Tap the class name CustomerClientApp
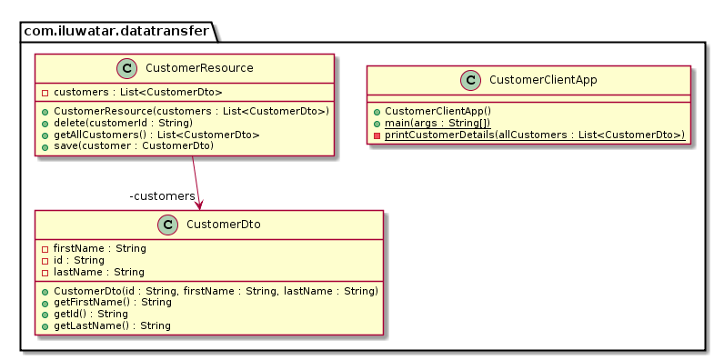pyautogui.click(x=542, y=80)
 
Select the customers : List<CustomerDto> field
pyautogui.click(x=131, y=93)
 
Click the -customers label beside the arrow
pyautogui.click(x=162, y=196)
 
